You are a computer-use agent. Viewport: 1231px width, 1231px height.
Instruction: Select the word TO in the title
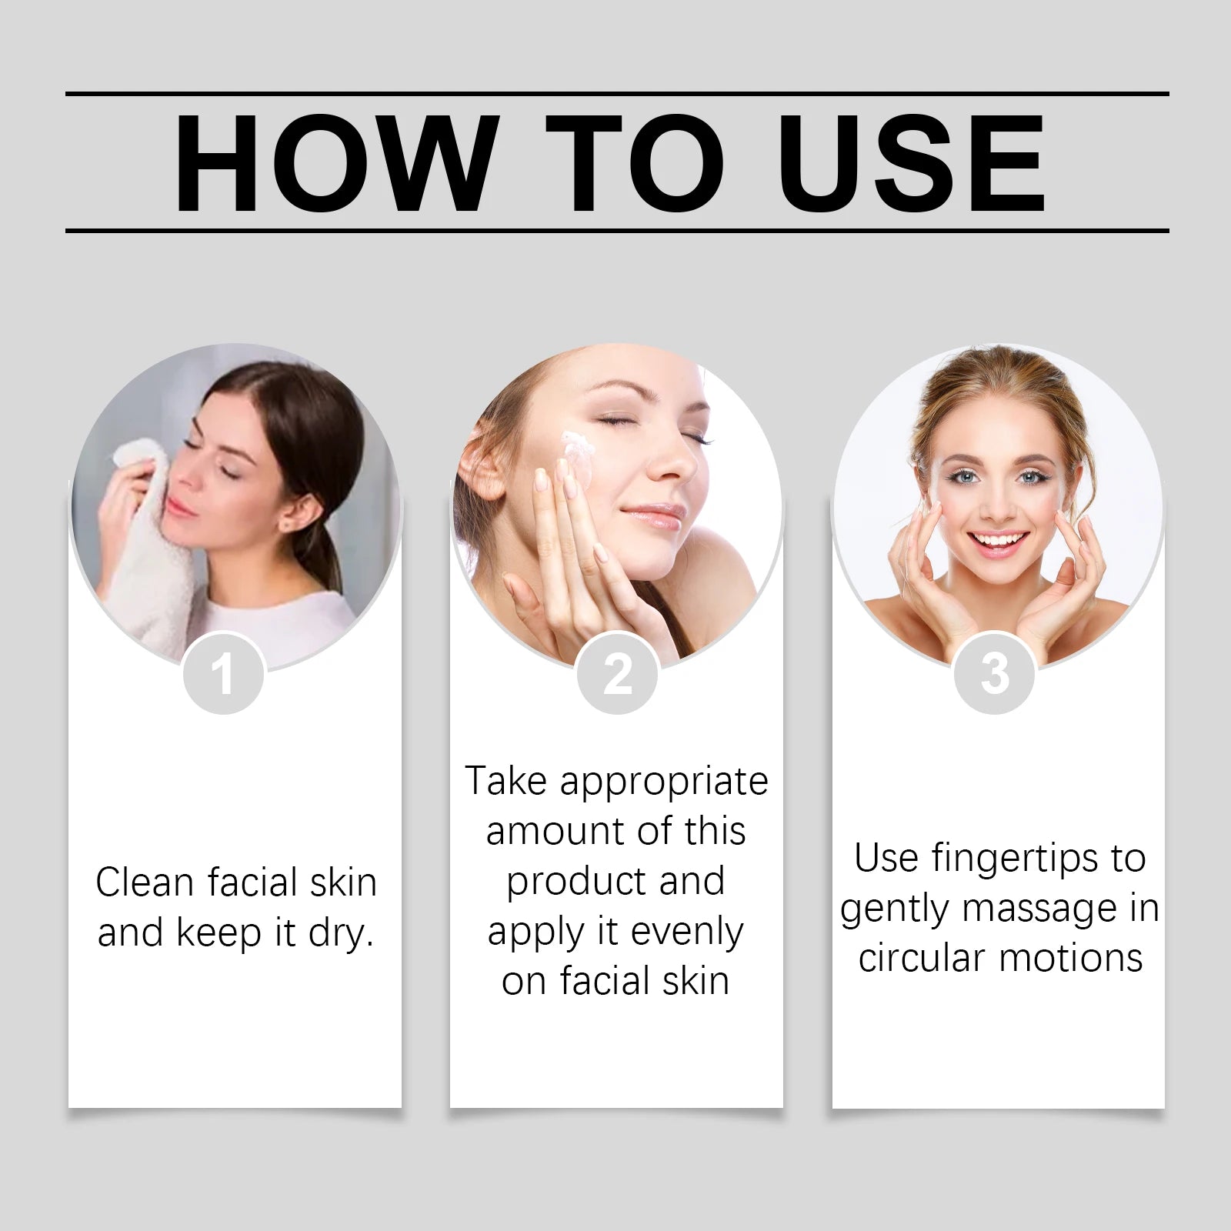636,163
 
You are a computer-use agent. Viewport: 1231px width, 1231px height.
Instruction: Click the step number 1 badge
223,674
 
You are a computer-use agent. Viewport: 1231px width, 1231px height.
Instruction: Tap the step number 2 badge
617,674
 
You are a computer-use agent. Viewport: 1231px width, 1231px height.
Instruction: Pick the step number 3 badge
995,674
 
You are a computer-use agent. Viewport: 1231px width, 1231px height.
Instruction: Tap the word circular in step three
922,959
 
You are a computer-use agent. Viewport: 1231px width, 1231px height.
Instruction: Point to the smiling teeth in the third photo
998,541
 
